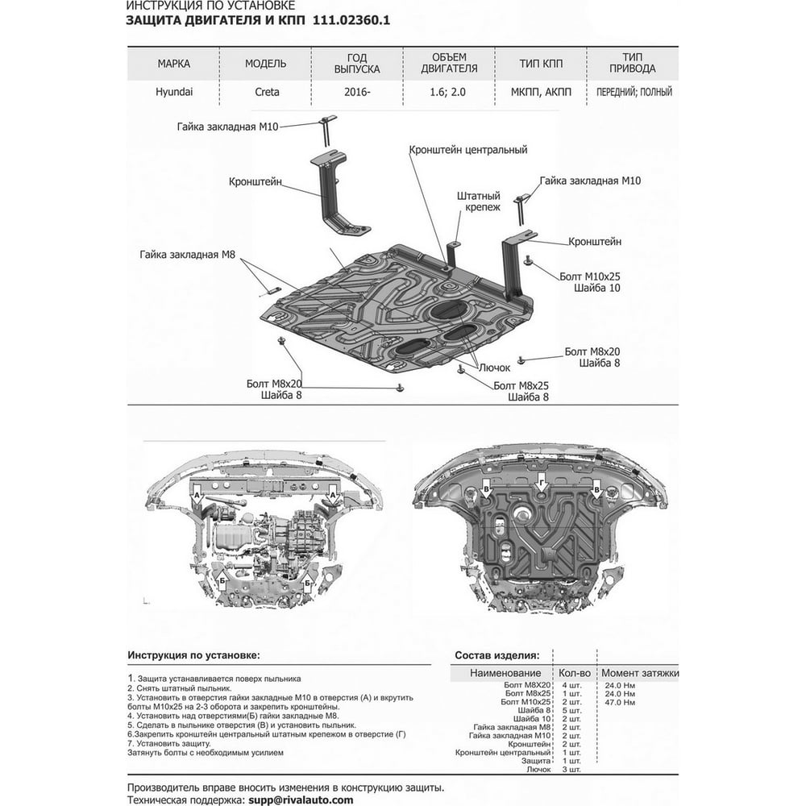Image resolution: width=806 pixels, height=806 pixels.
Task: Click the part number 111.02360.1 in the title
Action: click(x=351, y=21)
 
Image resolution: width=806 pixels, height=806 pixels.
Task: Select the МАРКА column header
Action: click(x=174, y=64)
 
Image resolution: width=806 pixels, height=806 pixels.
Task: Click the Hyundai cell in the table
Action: click(x=174, y=92)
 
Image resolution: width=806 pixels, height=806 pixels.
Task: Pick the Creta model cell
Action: click(x=268, y=92)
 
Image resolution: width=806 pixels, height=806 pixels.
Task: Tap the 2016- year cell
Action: click(x=357, y=92)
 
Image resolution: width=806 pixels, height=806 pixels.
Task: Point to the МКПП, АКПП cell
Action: click(x=541, y=92)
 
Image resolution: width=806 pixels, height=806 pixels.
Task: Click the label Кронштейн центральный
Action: click(x=468, y=150)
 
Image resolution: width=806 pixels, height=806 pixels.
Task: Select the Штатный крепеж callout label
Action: click(x=479, y=201)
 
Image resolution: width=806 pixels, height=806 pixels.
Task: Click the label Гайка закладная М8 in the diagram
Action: click(x=187, y=255)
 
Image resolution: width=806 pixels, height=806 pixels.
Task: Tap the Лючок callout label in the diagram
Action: click(x=495, y=368)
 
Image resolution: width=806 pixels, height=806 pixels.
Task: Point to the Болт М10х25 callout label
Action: click(x=590, y=276)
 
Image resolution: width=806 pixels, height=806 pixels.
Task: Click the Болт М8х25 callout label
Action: click(x=521, y=385)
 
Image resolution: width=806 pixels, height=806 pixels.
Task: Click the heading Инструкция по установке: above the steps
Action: click(x=193, y=655)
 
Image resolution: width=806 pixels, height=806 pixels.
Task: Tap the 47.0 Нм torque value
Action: click(x=620, y=702)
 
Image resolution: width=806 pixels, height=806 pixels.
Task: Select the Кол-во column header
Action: click(x=575, y=673)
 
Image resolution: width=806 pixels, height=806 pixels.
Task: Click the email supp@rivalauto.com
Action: click(x=301, y=800)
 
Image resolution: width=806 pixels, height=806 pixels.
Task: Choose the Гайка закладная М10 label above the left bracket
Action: click(x=228, y=127)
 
